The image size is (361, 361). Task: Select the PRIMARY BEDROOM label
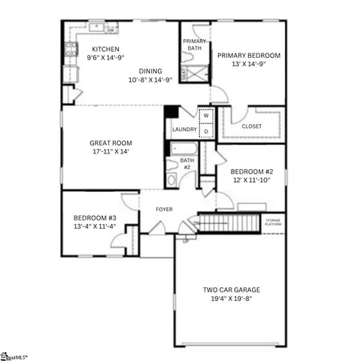(x=248, y=56)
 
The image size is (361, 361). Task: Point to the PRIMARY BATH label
(x=195, y=44)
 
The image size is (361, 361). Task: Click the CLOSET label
(x=252, y=126)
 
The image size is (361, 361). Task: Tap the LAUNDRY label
(x=184, y=130)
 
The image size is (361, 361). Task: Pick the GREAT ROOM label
(x=111, y=143)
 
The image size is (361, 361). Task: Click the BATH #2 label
(x=187, y=163)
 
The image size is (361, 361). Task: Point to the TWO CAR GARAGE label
(x=230, y=290)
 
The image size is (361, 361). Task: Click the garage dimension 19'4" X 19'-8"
(x=230, y=299)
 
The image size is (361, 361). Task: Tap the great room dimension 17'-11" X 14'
(x=111, y=152)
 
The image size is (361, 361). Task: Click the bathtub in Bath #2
(x=183, y=149)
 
